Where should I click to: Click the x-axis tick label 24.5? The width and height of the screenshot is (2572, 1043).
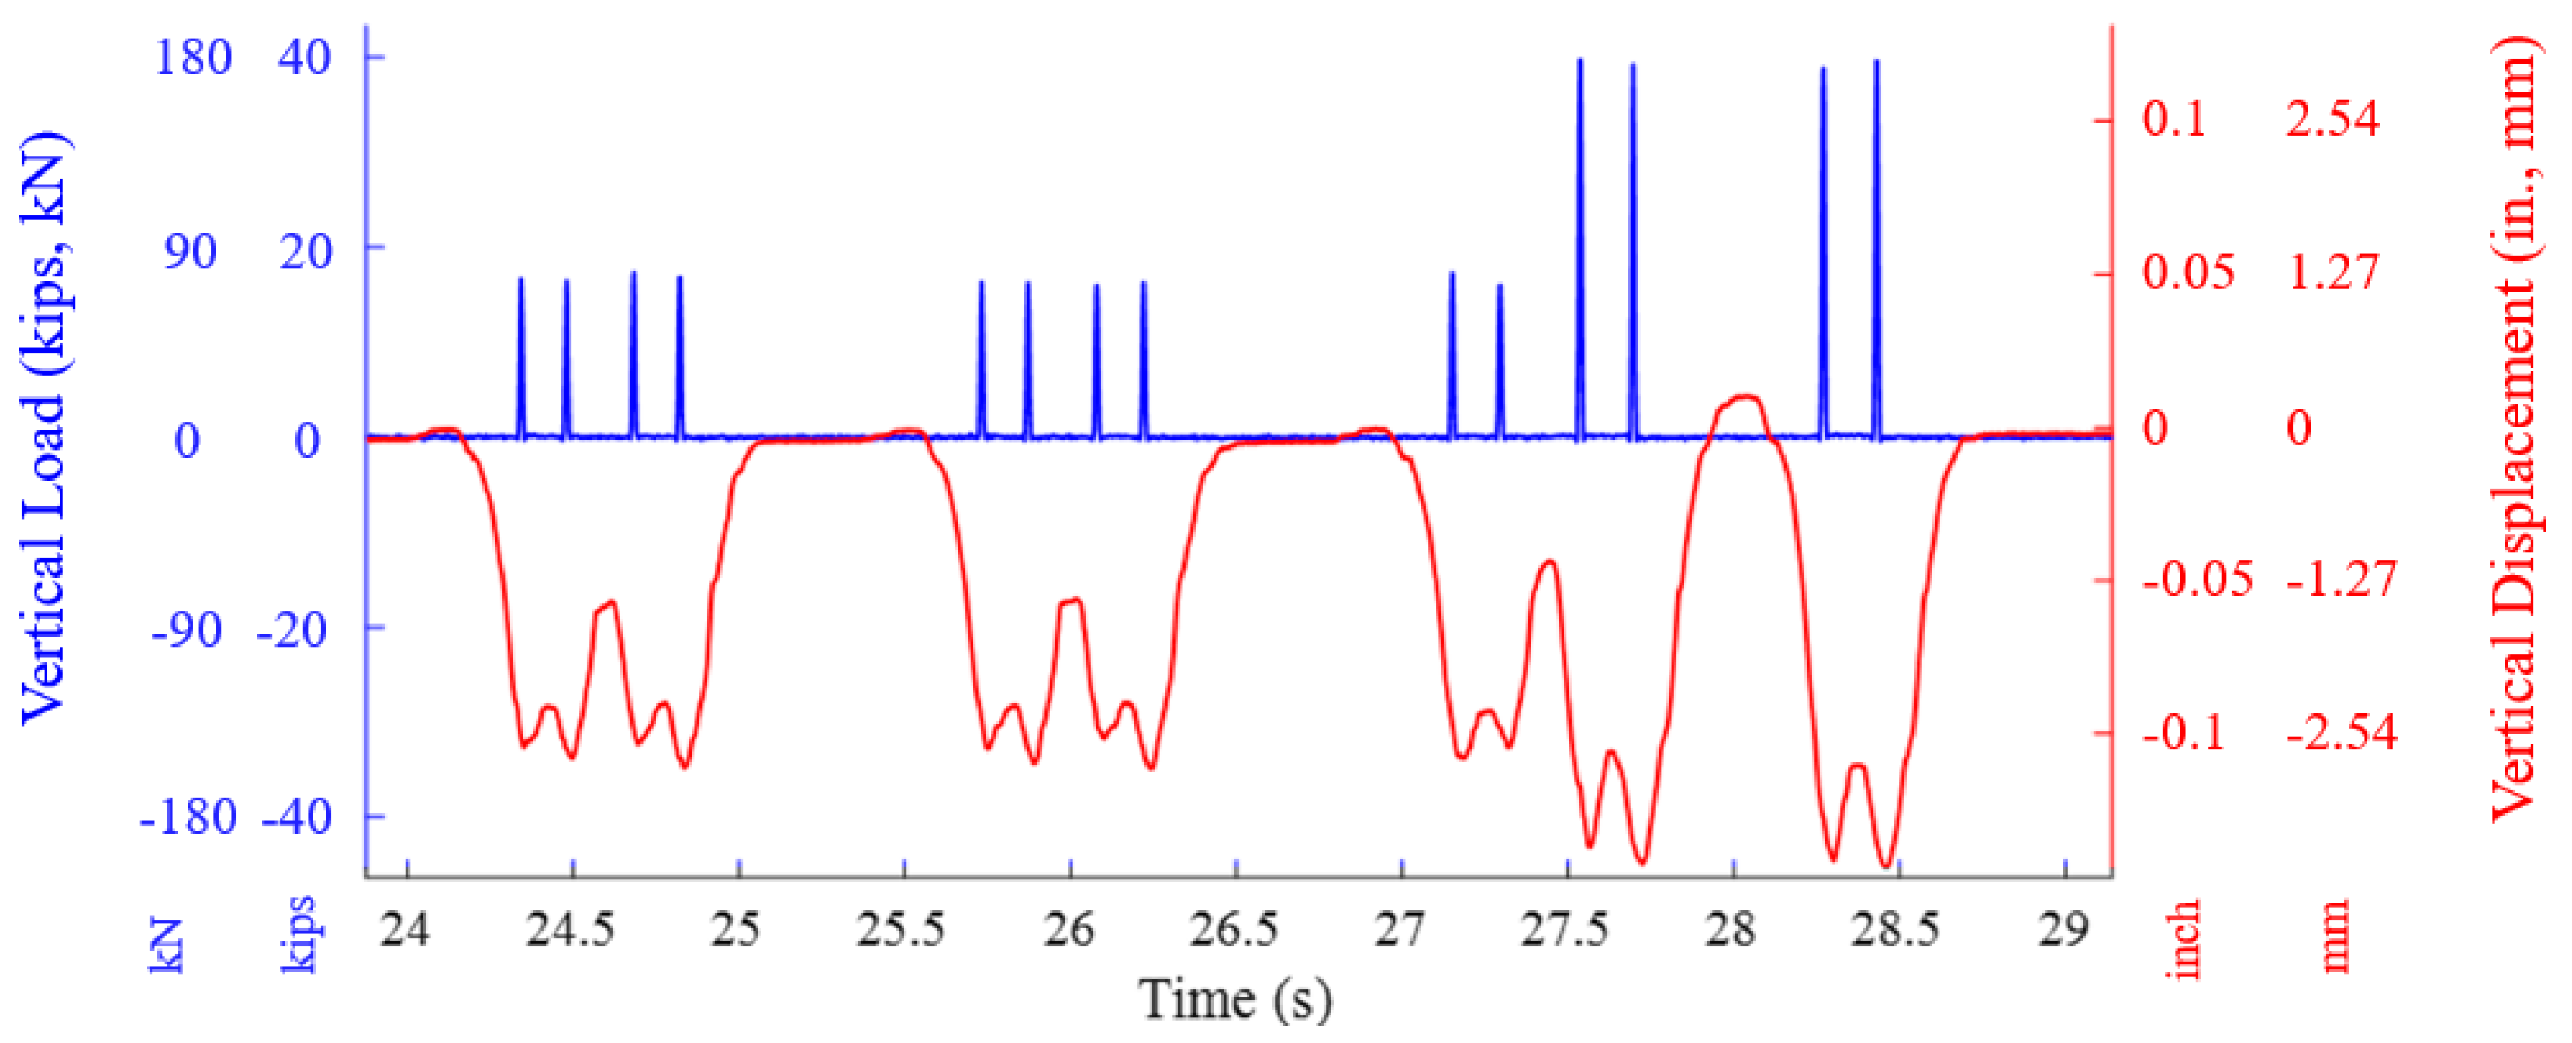click(570, 931)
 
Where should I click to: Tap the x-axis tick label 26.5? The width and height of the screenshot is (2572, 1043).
click(1234, 931)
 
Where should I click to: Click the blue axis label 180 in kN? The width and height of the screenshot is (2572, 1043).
click(193, 58)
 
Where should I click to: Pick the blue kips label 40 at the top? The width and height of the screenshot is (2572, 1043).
click(305, 58)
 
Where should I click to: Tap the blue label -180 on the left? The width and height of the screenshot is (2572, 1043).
click(188, 817)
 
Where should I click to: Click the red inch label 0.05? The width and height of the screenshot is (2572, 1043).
click(2187, 272)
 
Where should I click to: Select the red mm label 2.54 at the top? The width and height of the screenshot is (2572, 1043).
click(2333, 119)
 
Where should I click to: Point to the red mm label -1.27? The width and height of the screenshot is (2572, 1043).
click(2342, 579)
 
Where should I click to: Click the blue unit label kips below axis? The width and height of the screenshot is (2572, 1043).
click(299, 932)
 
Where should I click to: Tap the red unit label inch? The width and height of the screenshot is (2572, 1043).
click(2184, 938)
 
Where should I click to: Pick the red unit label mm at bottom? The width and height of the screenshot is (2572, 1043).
click(2335, 935)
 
